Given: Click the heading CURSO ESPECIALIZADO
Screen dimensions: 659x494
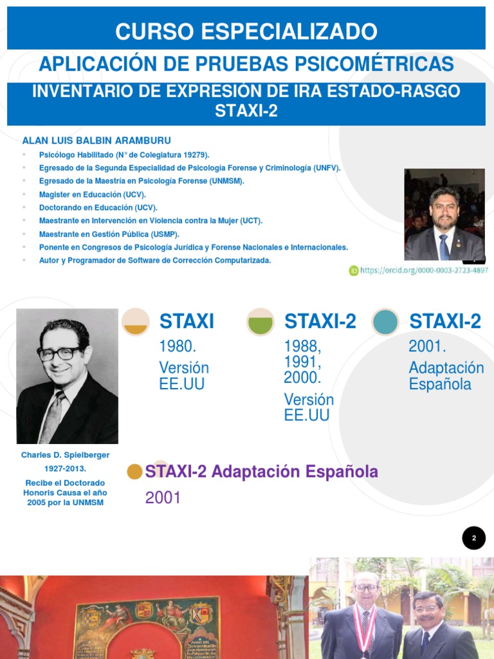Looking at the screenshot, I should point(246,31).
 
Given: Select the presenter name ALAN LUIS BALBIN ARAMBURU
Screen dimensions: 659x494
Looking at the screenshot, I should point(96,140).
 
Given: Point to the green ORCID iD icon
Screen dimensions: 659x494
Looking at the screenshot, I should point(353,271).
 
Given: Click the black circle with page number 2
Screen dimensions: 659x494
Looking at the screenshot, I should point(474,538).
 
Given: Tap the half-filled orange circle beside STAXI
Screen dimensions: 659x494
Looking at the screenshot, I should point(136,322).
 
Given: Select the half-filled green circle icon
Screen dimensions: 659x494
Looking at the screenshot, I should point(261,322).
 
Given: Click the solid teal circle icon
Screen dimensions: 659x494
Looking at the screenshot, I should point(385,322).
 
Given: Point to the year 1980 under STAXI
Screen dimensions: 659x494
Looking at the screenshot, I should point(178,347).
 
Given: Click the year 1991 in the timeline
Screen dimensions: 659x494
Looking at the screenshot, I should point(302,362).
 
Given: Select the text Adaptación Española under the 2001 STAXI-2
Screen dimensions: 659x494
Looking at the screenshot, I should point(446,376).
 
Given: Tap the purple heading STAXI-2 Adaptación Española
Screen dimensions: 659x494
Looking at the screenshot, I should point(262,472).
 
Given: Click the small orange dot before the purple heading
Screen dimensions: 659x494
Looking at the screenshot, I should point(134,472).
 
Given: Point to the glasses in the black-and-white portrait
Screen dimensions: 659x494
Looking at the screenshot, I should point(60,353).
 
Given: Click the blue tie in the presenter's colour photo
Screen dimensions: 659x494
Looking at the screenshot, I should point(443,246).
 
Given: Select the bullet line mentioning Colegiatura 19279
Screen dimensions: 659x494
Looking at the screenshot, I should point(124,154).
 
